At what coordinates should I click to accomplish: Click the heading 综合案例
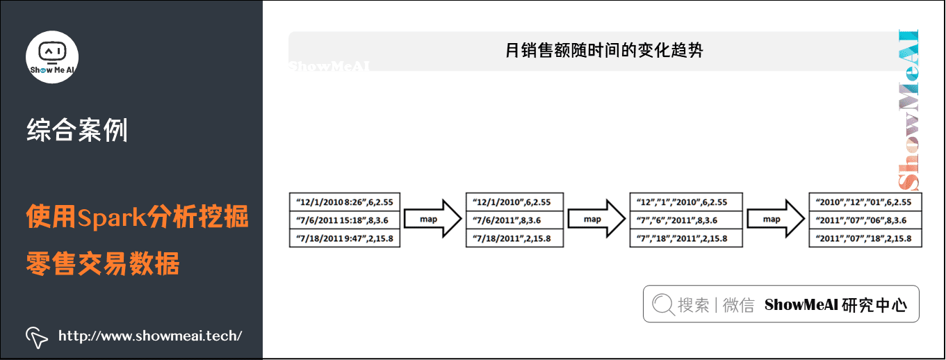tap(76, 131)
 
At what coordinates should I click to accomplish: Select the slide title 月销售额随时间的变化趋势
tap(604, 51)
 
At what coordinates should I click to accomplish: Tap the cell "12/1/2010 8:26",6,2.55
tap(345, 202)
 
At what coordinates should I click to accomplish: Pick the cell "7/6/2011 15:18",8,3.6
tap(345, 220)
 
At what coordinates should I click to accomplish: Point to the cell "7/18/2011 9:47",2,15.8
tap(345, 238)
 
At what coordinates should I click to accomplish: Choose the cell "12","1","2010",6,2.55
tap(685, 202)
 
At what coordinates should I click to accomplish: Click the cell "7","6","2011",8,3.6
tap(685, 220)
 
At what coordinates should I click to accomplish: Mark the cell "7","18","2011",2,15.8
tap(685, 238)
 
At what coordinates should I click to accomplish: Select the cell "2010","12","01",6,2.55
tap(865, 202)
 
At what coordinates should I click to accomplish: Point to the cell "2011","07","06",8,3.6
tap(865, 220)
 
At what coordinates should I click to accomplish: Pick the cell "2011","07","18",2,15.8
tap(865, 238)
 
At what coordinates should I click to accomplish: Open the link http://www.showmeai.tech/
tap(149, 336)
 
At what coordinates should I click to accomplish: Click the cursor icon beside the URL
tap(36, 337)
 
